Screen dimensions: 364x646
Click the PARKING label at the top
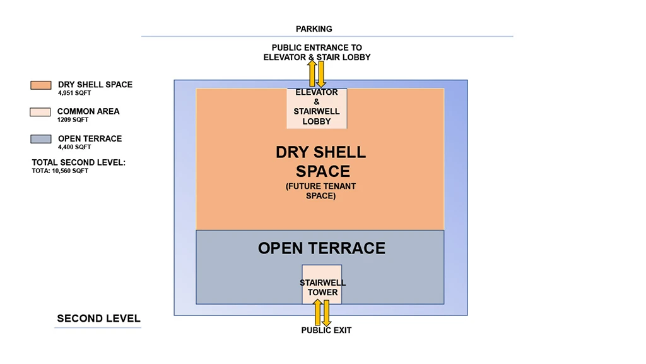click(314, 29)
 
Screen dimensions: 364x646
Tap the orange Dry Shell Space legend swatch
click(40, 85)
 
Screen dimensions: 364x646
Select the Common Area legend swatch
click(40, 112)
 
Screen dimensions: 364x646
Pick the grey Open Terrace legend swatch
click(40, 139)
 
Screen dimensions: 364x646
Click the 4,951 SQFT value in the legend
click(74, 94)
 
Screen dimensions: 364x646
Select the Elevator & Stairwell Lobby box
click(317, 108)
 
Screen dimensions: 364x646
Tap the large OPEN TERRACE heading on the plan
click(321, 248)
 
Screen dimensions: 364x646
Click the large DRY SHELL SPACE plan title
click(321, 162)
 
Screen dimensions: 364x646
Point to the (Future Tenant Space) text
click(321, 191)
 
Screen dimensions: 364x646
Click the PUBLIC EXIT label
click(326, 331)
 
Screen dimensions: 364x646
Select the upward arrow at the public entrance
click(312, 73)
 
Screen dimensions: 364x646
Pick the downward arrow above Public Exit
click(327, 313)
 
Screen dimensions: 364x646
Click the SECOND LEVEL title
click(98, 318)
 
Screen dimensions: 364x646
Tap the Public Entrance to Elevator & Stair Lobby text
click(317, 52)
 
